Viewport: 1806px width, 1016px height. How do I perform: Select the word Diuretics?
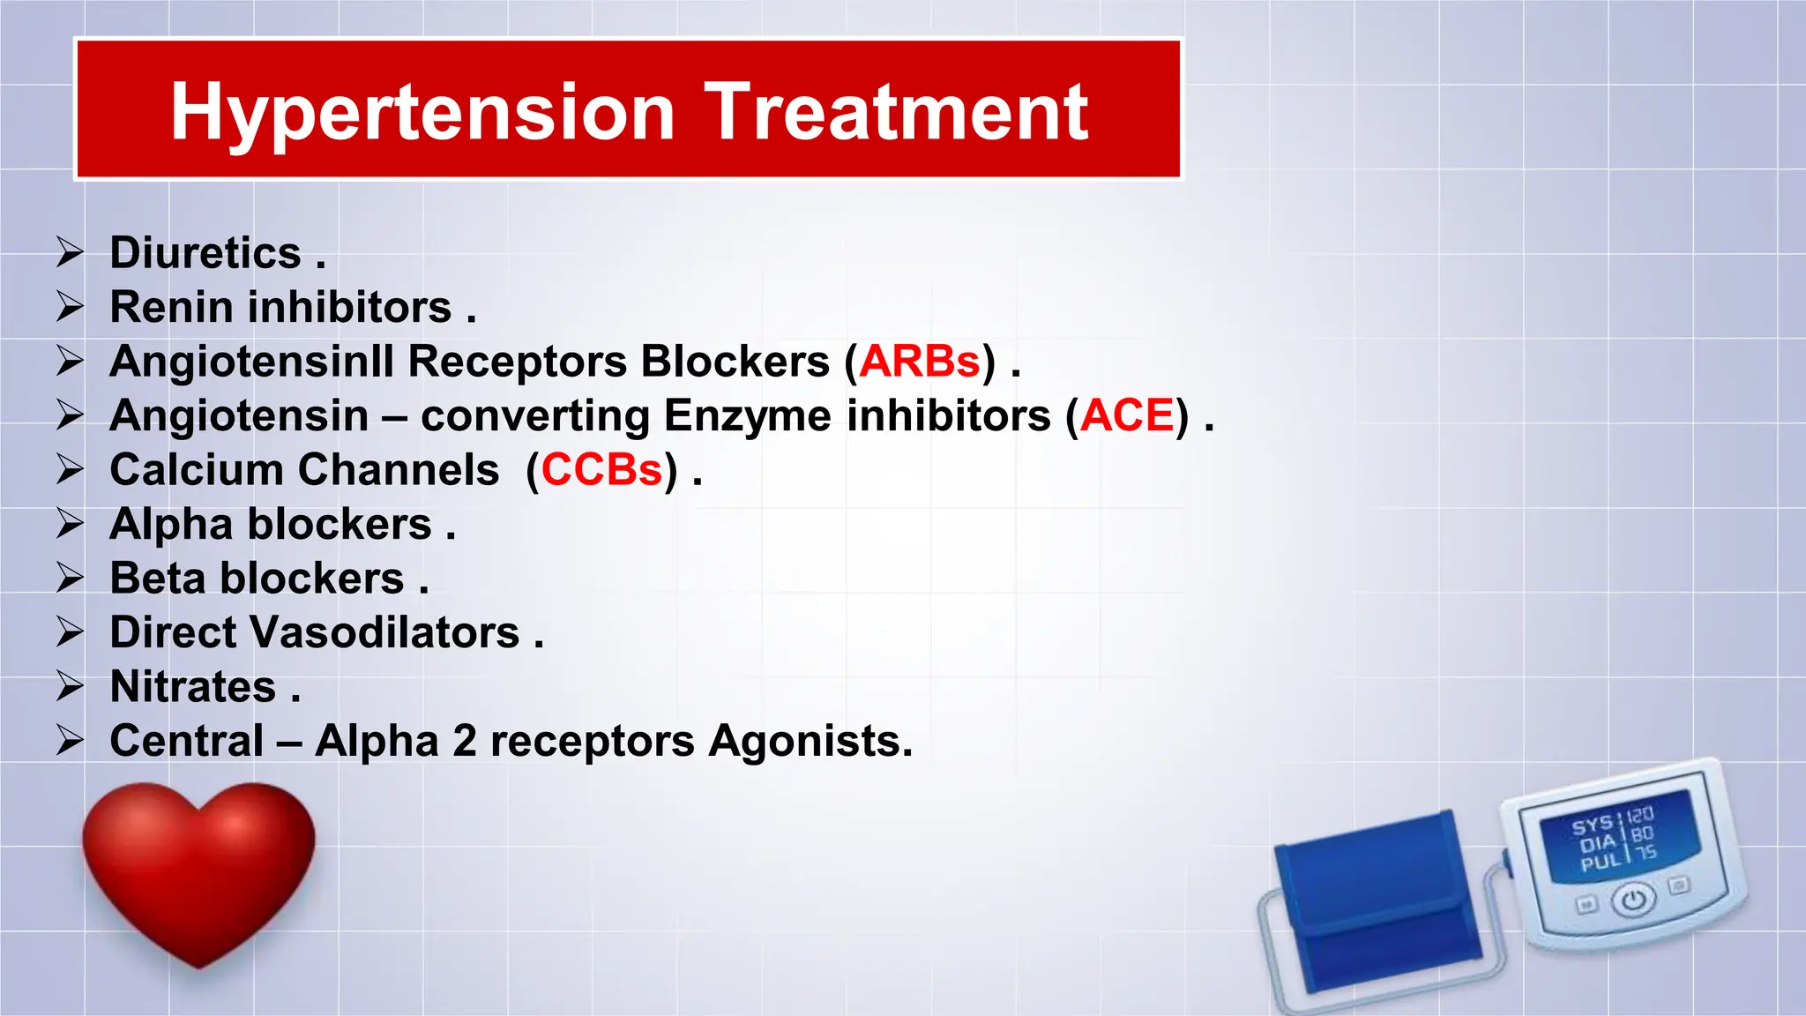(x=205, y=253)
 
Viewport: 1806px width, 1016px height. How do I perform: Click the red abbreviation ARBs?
(x=920, y=362)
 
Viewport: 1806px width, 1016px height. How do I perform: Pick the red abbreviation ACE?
(x=1127, y=415)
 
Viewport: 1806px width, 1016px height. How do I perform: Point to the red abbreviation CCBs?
(x=601, y=470)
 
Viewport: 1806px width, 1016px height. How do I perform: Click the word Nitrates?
(x=193, y=687)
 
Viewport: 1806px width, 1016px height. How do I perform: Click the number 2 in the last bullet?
(x=465, y=742)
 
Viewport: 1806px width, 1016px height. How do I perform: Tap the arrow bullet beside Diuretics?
(x=70, y=252)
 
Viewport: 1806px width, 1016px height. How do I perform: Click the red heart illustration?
(x=199, y=869)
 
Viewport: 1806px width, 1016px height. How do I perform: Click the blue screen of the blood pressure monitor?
(x=1617, y=835)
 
